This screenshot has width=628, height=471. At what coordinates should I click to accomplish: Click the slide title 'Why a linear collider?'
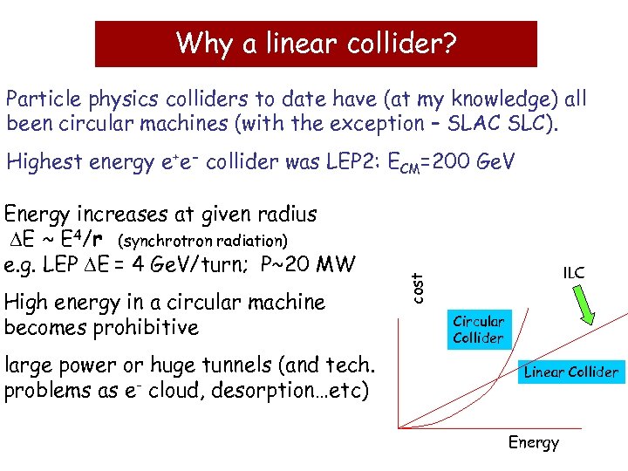click(316, 43)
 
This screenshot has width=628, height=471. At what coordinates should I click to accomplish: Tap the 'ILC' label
click(573, 274)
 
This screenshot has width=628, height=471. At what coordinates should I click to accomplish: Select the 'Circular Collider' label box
click(478, 330)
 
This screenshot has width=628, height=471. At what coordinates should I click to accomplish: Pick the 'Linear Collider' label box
click(570, 372)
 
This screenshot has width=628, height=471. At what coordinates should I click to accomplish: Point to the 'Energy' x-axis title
click(533, 442)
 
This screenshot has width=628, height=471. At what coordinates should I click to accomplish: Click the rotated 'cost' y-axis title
click(419, 287)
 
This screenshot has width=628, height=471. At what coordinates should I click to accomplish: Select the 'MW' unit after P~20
click(335, 263)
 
